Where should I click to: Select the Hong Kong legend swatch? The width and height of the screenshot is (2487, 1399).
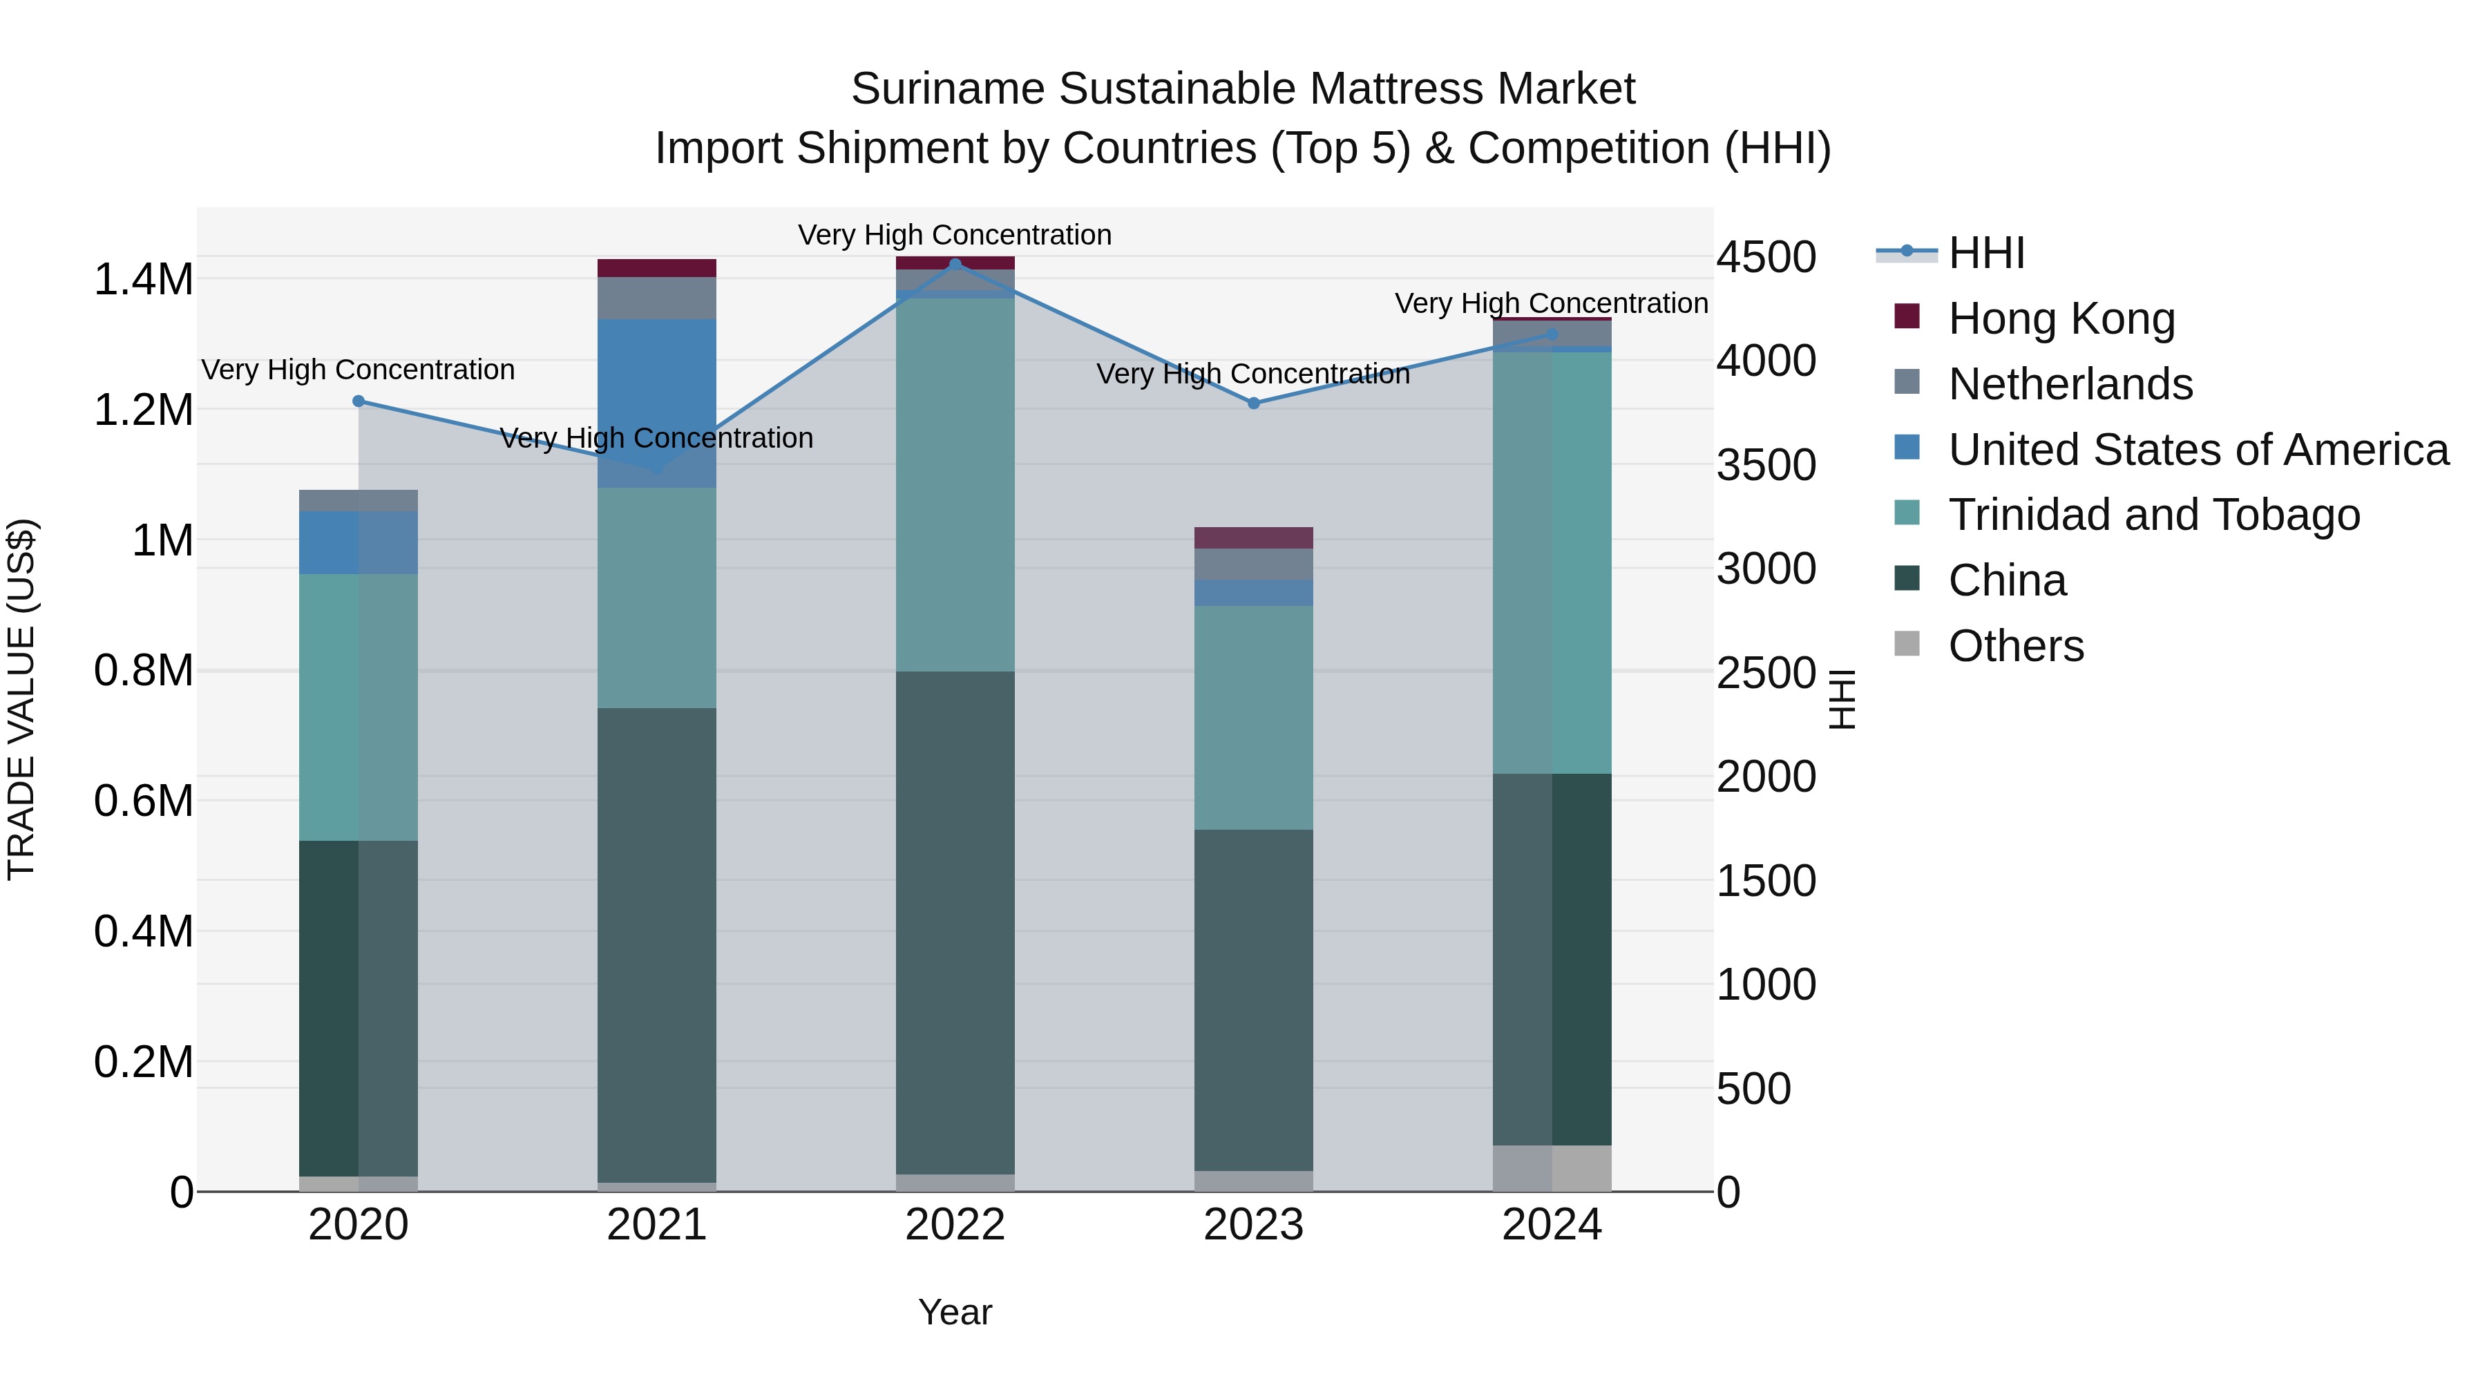coord(1907,316)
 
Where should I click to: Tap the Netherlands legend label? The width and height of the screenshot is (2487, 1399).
coord(2070,384)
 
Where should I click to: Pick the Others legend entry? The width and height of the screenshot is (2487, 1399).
coord(2016,646)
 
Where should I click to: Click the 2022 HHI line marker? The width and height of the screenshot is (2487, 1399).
coord(955,264)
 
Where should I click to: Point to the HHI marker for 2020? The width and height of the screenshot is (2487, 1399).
coord(358,401)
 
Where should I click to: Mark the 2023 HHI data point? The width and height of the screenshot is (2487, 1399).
coord(1253,403)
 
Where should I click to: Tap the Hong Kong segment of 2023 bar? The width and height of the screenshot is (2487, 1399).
coord(1253,537)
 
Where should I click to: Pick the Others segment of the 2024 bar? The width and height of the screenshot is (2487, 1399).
coord(1552,1168)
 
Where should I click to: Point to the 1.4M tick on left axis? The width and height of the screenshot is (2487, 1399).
coord(144,280)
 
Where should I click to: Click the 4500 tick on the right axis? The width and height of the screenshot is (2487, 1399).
coord(1766,258)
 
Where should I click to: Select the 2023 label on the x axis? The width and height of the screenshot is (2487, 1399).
coord(1253,1225)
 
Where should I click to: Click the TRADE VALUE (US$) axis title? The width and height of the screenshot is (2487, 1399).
coord(21,699)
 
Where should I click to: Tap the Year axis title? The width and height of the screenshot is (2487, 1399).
coord(955,1312)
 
